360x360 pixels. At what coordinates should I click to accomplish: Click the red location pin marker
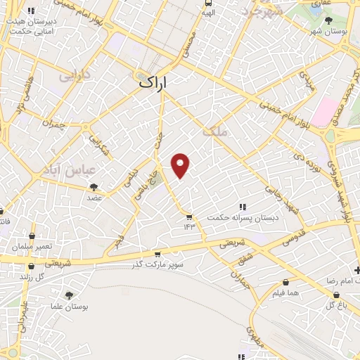click(181, 165)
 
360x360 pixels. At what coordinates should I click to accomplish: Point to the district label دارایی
click(76, 73)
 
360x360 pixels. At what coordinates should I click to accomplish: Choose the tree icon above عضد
click(94, 187)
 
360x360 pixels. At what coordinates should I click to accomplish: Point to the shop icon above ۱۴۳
click(188, 217)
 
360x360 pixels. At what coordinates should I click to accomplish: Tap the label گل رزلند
click(31, 276)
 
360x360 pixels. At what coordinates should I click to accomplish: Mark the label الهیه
click(207, 12)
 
